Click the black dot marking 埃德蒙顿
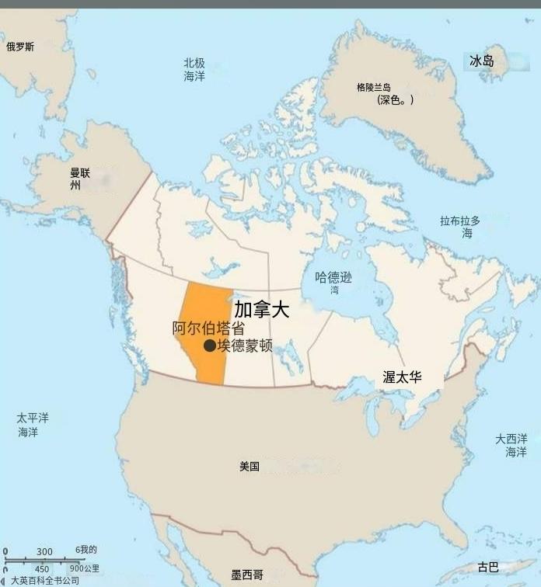point(209,346)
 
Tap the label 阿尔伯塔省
point(203,328)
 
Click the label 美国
point(250,467)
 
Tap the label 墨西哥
point(247,575)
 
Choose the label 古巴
point(488,567)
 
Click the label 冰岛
point(482,61)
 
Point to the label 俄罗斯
point(20,47)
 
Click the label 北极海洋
point(194,69)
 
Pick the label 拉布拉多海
point(460,226)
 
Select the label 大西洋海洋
point(511,445)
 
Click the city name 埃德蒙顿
point(245,346)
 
